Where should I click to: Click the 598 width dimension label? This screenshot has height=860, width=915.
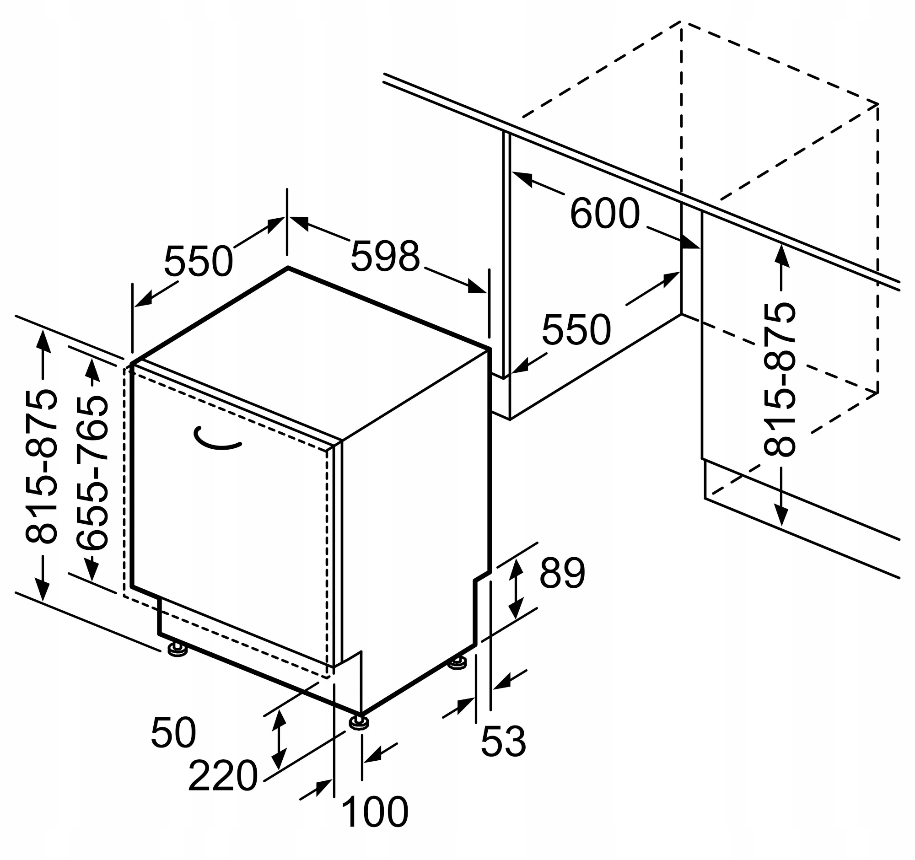pos(385,256)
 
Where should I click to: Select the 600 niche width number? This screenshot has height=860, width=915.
pos(605,214)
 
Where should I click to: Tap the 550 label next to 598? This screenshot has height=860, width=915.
pos(199,261)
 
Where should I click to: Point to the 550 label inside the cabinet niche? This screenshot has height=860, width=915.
pos(576,330)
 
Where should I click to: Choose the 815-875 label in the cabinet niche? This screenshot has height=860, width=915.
pos(780,379)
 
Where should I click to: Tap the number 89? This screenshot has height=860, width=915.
pos(562,573)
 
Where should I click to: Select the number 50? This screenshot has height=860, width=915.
pos(173,733)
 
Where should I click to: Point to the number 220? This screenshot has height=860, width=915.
pos(223,776)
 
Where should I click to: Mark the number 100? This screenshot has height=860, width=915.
pos(375,812)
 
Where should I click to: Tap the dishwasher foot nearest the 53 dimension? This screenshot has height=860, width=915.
pos(458,663)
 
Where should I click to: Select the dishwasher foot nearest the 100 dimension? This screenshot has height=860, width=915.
pos(359,722)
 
